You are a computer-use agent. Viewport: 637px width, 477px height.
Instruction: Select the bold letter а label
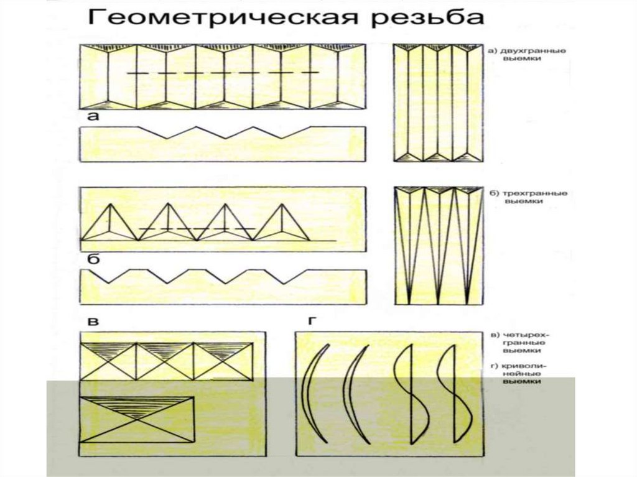coord(93,117)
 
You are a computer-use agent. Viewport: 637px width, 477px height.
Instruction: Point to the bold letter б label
coord(93,259)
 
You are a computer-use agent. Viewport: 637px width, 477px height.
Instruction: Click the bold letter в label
coord(93,322)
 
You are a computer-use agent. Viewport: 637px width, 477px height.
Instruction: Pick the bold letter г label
coord(310,322)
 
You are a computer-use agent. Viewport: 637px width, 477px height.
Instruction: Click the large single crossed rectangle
coord(137,420)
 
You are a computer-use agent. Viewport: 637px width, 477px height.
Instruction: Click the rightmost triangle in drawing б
coord(281,224)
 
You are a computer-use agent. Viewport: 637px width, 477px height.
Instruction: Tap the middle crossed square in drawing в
coord(165,361)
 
